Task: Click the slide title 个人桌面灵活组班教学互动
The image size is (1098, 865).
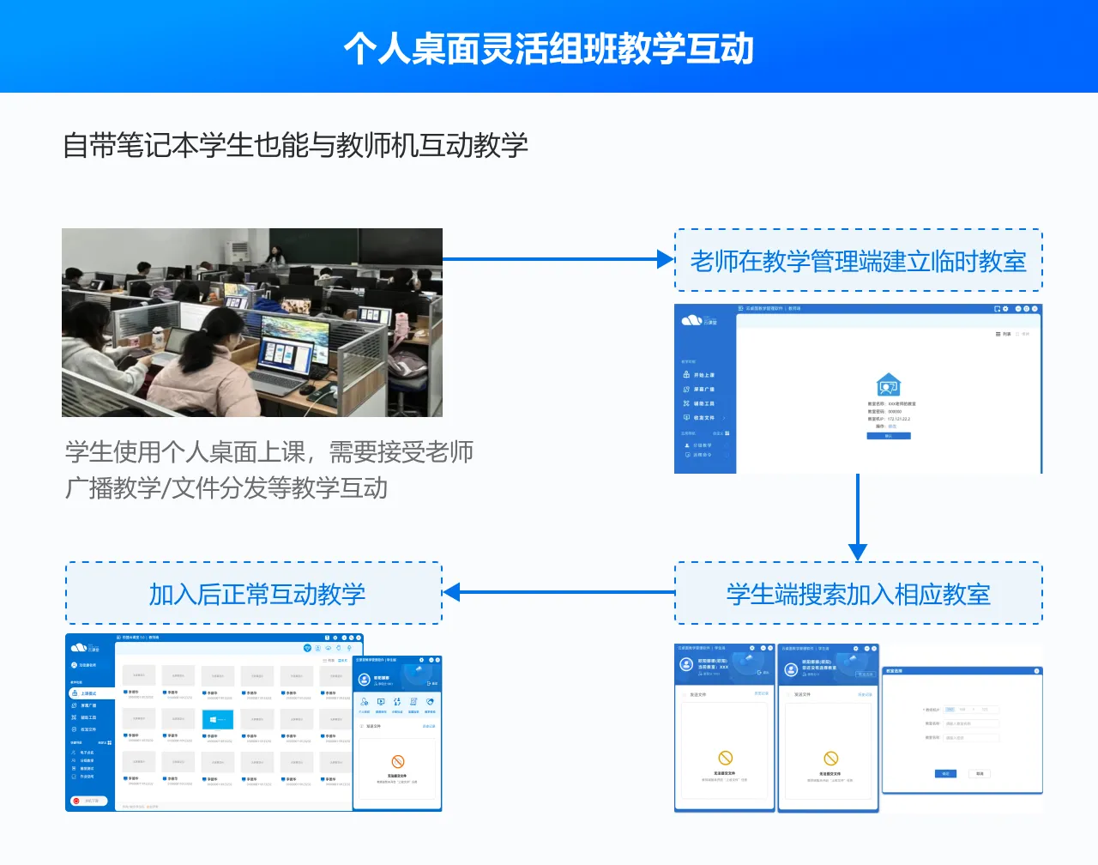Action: [549, 48]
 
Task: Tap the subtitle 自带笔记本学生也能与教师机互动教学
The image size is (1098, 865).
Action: [295, 145]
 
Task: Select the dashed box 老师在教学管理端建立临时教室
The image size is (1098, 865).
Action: [858, 261]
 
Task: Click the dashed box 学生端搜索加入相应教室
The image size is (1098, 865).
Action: [858, 594]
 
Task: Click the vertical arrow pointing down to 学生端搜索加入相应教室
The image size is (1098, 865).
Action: [858, 515]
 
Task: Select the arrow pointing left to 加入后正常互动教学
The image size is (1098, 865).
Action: [558, 592]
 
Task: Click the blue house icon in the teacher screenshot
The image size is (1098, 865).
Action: [888, 384]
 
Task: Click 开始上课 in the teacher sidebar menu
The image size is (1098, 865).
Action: [703, 375]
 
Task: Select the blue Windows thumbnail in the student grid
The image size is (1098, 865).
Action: [217, 719]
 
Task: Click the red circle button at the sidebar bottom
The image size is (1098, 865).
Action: [76, 801]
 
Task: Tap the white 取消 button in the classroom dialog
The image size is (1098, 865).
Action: [980, 773]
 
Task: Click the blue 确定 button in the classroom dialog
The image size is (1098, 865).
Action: [944, 773]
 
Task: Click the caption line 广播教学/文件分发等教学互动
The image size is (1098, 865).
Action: [226, 488]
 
